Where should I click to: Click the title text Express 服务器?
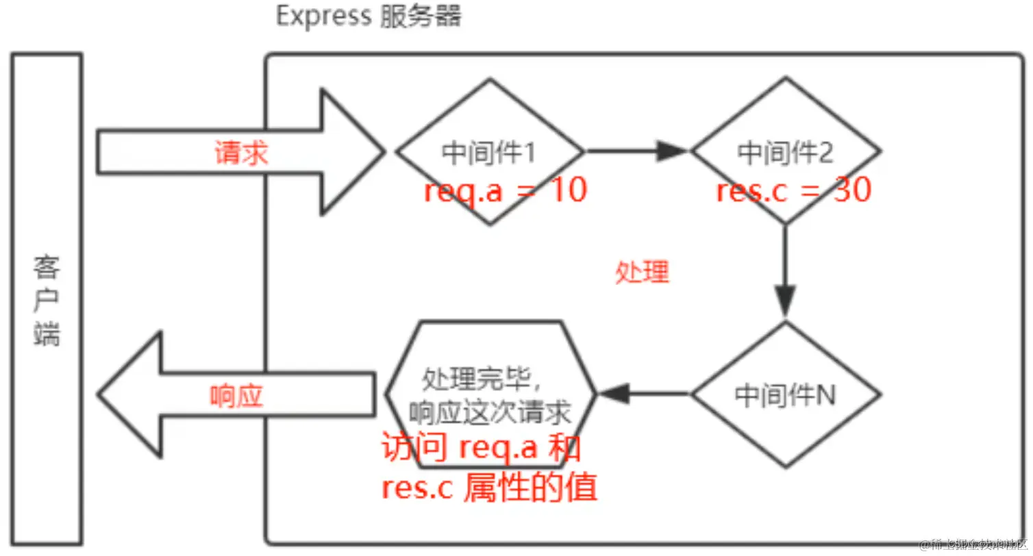pyautogui.click(x=369, y=16)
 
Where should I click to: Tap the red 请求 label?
pyautogui.click(x=241, y=153)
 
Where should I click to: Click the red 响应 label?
pyautogui.click(x=236, y=396)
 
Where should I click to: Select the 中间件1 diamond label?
pyautogui.click(x=488, y=153)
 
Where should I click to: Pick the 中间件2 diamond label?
pyautogui.click(x=785, y=153)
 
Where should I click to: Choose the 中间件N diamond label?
pyautogui.click(x=785, y=395)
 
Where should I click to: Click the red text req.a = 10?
pyautogui.click(x=506, y=190)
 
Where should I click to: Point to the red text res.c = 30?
pyautogui.click(x=793, y=190)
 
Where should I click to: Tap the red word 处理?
pyautogui.click(x=642, y=273)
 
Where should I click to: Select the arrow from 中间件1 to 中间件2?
pyautogui.click(x=637, y=151)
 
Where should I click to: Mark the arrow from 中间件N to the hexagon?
pyautogui.click(x=644, y=394)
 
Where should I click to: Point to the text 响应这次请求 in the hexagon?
pyautogui.click(x=489, y=413)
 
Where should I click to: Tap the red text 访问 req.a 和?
pyautogui.click(x=482, y=449)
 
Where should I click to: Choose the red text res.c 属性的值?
pyautogui.click(x=489, y=488)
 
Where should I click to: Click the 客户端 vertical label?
pyautogui.click(x=47, y=301)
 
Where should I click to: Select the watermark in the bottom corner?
pyautogui.click(x=973, y=545)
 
